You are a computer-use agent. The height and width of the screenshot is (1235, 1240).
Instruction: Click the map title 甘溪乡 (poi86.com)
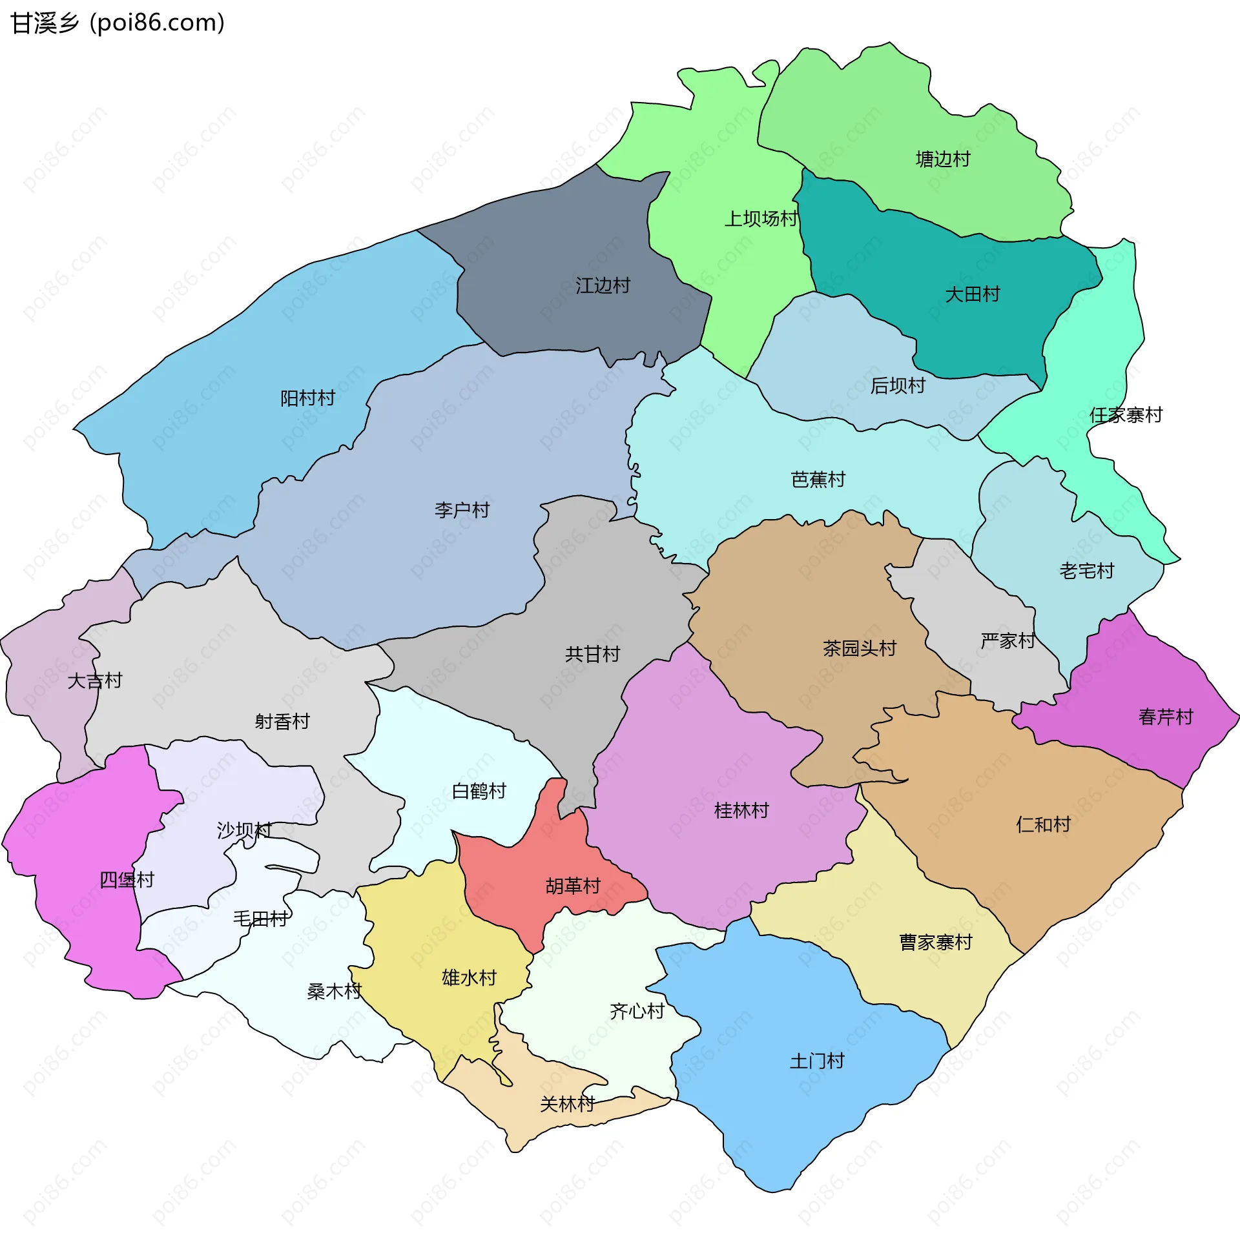click(118, 23)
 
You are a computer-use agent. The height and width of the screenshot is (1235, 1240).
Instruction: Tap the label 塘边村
click(943, 159)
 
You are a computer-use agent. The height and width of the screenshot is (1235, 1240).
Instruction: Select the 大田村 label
click(972, 294)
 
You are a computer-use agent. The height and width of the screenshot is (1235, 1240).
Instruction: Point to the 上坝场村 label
click(761, 219)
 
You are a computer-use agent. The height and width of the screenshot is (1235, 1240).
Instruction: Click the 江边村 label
click(603, 285)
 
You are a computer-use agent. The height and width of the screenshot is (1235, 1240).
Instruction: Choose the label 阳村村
click(307, 398)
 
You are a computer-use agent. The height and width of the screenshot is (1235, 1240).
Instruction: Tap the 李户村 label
click(462, 510)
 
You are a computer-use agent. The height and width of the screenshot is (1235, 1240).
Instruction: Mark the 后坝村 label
click(898, 385)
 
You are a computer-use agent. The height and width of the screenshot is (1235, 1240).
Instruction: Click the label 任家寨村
click(1126, 415)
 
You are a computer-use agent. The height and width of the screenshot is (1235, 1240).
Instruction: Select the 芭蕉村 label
click(818, 480)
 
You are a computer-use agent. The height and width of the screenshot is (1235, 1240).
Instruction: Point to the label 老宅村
click(1086, 571)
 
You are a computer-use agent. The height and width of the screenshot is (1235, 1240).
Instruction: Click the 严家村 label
click(1007, 641)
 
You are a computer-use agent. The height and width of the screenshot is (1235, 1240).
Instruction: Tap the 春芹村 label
click(1165, 717)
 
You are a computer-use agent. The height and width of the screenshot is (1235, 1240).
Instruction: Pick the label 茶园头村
click(859, 648)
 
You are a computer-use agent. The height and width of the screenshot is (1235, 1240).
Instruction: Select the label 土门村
click(816, 1061)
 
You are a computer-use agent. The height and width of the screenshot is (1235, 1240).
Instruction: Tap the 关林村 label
click(567, 1104)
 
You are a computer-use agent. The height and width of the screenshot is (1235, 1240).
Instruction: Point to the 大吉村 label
click(94, 680)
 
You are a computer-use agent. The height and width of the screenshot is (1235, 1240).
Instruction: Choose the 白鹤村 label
click(479, 791)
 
